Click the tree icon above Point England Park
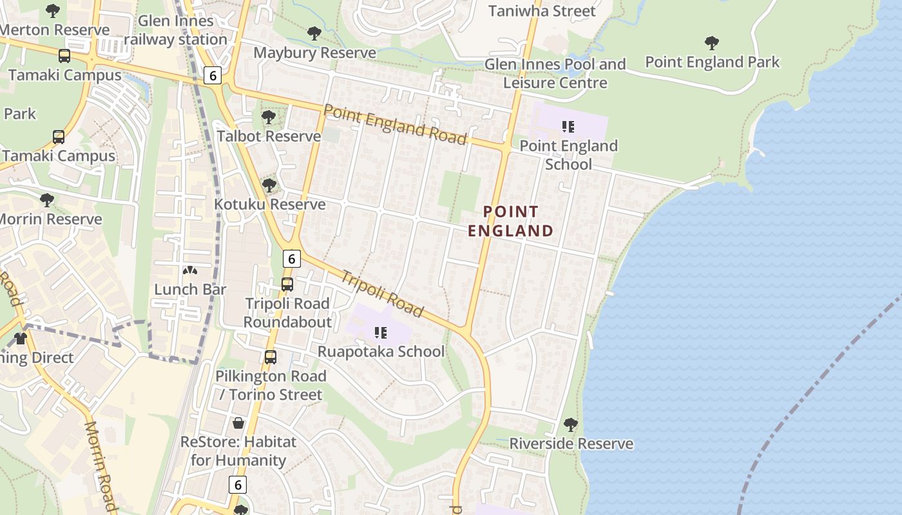[712, 43]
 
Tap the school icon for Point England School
[568, 126]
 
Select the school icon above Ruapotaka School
[380, 333]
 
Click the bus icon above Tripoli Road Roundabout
[287, 284]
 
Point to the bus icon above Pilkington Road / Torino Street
[271, 357]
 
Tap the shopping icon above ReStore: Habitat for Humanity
[238, 423]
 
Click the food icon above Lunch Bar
[190, 271]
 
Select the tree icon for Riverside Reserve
[570, 425]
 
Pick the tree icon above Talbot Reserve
[269, 117]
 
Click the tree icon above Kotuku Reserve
[269, 185]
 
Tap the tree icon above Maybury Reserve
[314, 33]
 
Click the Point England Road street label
[394, 124]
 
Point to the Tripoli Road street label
[382, 294]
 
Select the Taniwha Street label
[542, 11]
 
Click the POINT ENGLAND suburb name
[510, 221]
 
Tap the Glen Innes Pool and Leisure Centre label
[555, 73]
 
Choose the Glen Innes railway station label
[175, 30]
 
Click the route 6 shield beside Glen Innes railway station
[213, 75]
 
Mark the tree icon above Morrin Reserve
[46, 200]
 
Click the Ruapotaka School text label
[381, 351]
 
